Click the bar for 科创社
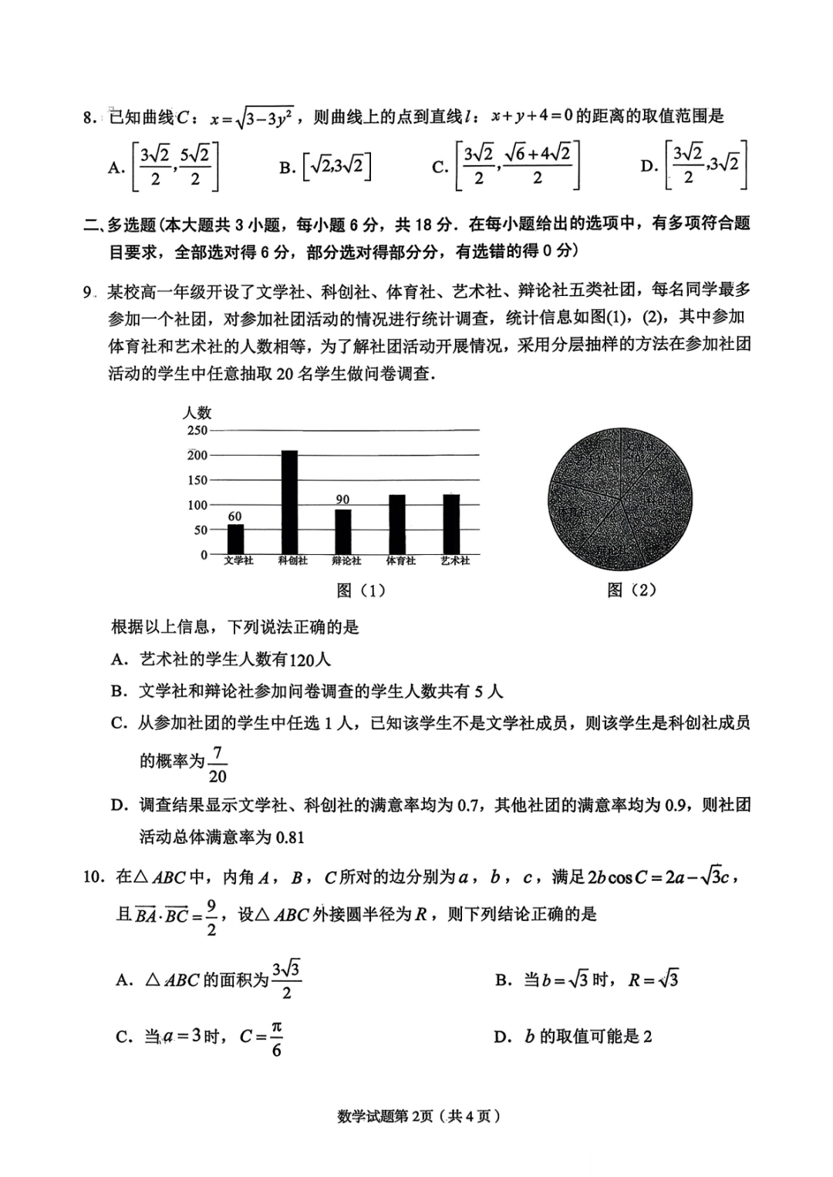tap(289, 502)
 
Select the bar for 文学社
tap(236, 539)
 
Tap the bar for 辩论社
tap(342, 531)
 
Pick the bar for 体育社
tap(397, 524)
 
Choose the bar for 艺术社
tap(451, 524)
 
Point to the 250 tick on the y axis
tap(197, 430)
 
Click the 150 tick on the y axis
tap(197, 480)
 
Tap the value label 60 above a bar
tap(234, 516)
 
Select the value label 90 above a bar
tap(342, 500)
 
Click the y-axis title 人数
tap(197, 413)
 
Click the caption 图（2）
tap(631, 590)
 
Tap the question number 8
tap(89, 118)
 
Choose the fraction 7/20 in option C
tap(218, 764)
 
